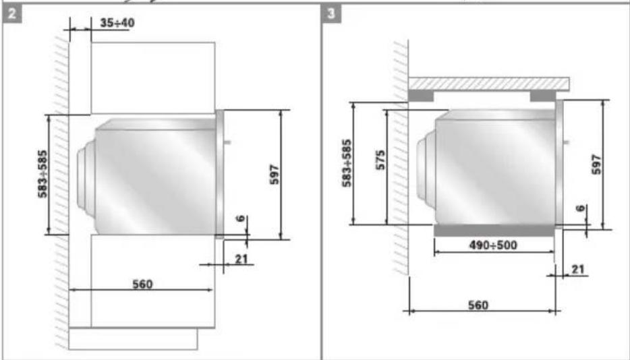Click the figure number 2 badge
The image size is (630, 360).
pos(12,14)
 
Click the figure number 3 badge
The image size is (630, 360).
pos(331,14)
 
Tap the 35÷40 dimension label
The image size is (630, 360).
pos(117,23)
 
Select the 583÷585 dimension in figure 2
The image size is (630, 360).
pos(42,174)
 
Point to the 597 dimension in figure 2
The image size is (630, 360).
pos(275,174)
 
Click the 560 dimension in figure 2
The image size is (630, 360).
pos(142,284)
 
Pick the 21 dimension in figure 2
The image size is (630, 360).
pos(241,259)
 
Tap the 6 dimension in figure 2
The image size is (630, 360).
pos(240,218)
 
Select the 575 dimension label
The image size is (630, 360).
pos(380,160)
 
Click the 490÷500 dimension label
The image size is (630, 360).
pos(493,245)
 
